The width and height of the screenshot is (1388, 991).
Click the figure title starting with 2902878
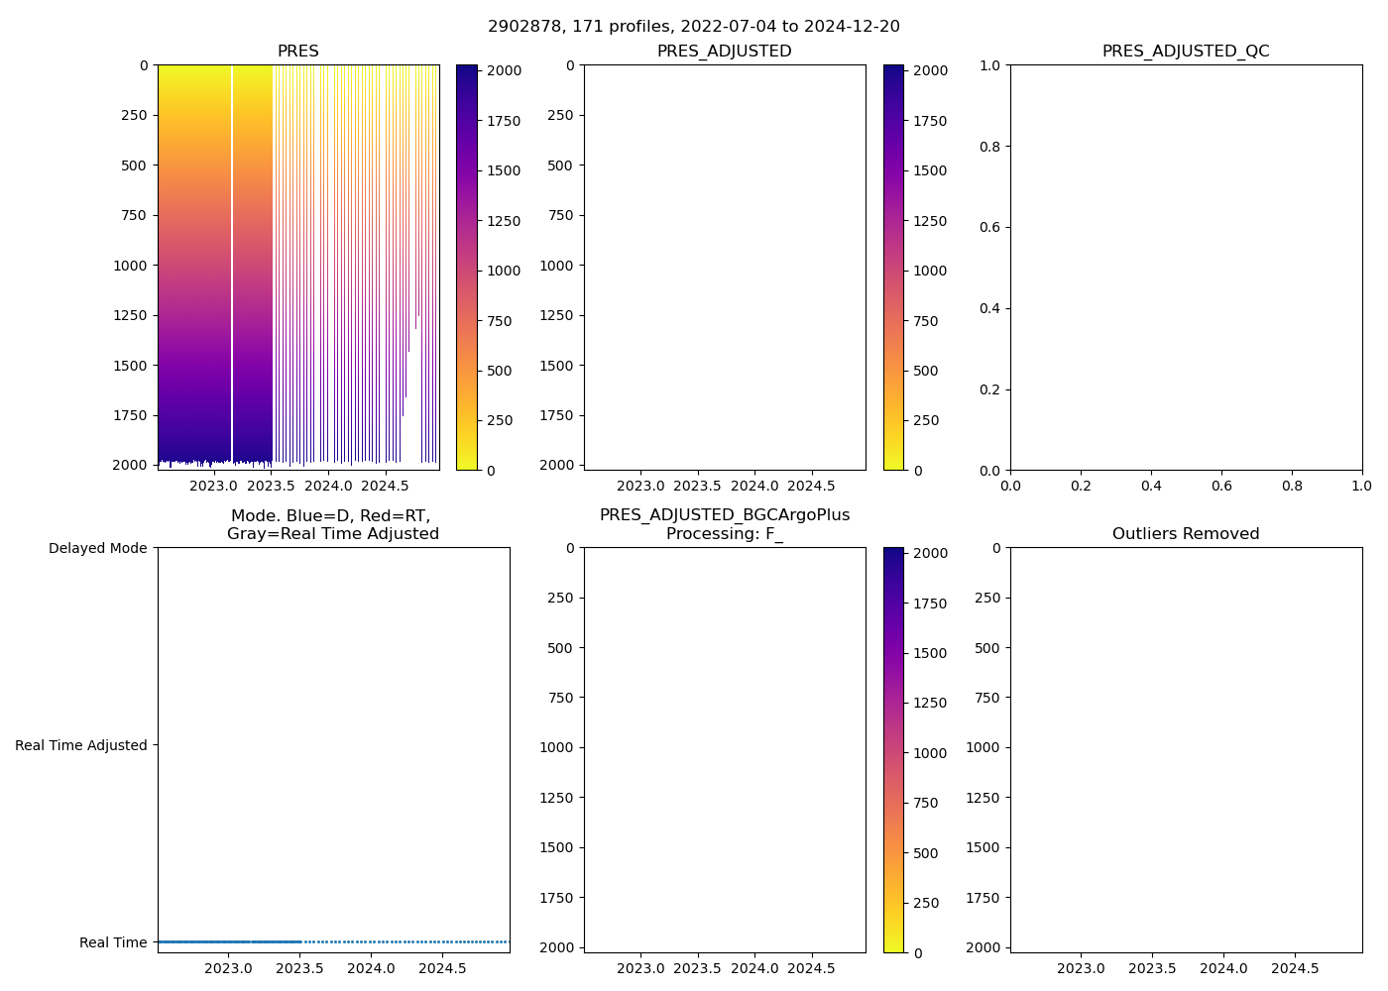(694, 27)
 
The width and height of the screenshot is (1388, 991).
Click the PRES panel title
(298, 52)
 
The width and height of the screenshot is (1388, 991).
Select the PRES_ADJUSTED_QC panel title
(1186, 52)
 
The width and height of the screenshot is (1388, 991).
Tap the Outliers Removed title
(1186, 534)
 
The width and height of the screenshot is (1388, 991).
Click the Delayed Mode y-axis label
(97, 548)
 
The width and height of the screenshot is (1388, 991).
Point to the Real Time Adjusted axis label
(80, 745)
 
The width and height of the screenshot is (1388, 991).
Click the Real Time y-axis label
(113, 942)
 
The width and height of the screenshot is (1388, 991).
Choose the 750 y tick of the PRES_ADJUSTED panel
(560, 215)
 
